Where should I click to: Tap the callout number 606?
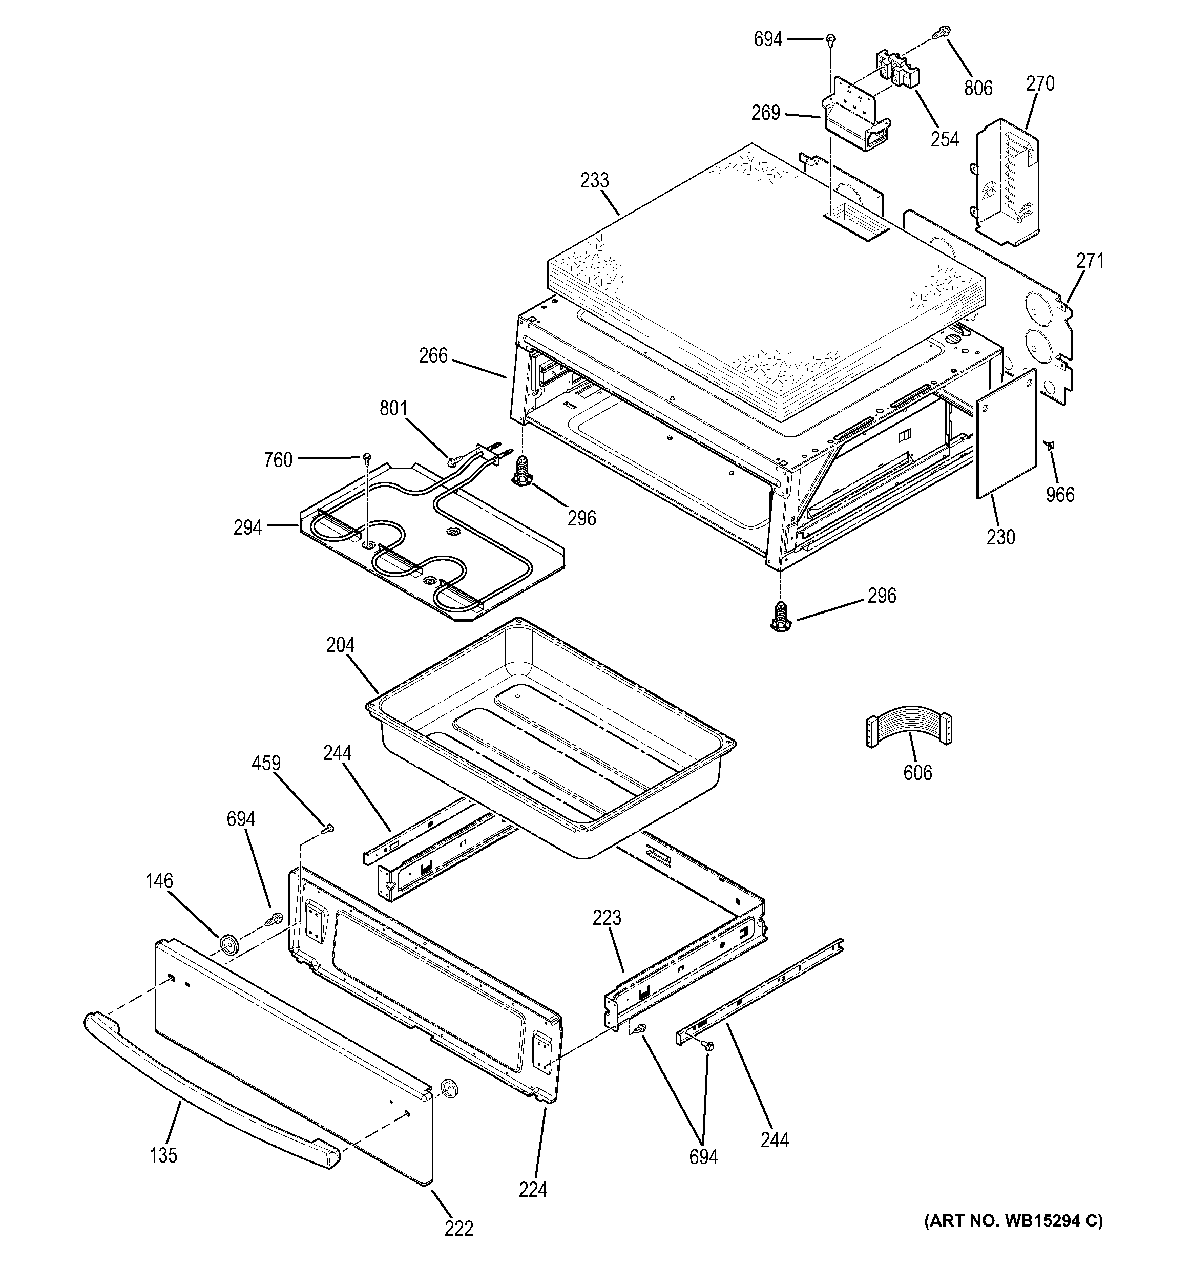pos(917,773)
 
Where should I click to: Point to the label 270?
pos(1040,83)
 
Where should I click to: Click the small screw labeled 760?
pos(367,457)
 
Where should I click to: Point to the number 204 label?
pos(340,645)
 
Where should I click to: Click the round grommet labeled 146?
pos(228,943)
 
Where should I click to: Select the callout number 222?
pos(458,1228)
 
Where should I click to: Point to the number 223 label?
pos(606,918)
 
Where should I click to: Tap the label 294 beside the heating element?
pos(247,527)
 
